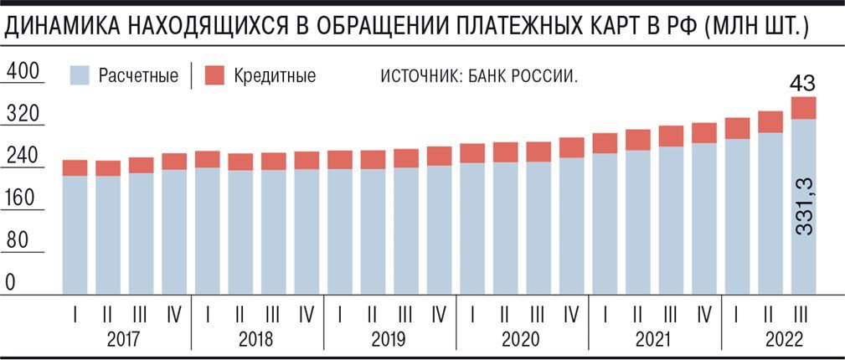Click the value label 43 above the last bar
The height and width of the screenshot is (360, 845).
[804, 84]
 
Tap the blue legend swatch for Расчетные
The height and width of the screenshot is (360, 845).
[80, 76]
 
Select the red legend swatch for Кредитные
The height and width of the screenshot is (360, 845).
[214, 76]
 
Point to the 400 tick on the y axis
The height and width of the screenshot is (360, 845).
[23, 73]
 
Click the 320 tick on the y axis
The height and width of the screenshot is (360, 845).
[23, 115]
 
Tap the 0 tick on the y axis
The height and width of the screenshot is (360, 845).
[11, 283]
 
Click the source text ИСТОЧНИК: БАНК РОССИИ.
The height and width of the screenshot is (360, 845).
[480, 76]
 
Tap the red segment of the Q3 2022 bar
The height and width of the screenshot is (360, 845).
[803, 108]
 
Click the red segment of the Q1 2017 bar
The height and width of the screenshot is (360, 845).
[75, 167]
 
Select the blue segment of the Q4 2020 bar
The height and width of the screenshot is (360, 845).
[571, 226]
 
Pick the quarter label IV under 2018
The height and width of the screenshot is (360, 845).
[306, 316]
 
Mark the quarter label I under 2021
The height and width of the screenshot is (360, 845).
[605, 316]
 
